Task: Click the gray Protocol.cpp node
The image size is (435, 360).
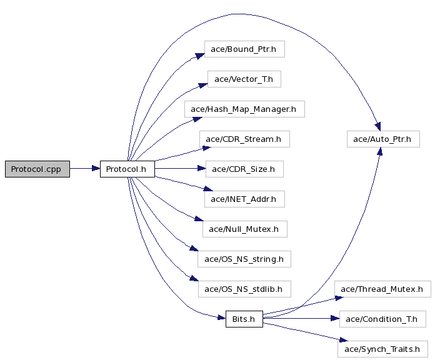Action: coord(37,169)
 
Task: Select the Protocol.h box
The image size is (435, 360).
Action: coord(127,169)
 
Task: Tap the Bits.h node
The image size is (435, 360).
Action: coord(244,319)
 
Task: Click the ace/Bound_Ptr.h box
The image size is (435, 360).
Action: coord(244,49)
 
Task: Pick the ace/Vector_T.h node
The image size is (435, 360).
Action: coord(244,79)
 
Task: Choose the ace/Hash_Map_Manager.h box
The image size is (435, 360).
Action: coord(244,109)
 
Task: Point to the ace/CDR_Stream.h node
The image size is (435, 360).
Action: coord(244,139)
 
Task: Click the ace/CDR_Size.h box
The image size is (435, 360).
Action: coord(244,169)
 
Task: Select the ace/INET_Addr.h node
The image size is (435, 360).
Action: coord(244,199)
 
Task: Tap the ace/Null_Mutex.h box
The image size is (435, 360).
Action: coord(245,229)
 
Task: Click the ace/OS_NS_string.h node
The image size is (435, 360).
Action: coord(244,259)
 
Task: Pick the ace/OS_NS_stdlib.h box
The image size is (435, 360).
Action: coord(244,289)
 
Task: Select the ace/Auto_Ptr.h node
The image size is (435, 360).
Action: coord(383,139)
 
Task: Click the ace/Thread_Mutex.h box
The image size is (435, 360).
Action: coord(382,289)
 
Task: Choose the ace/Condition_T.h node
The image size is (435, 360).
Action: coord(382,319)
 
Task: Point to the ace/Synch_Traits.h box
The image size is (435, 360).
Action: coord(382,349)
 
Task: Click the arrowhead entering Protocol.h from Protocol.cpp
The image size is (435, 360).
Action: coord(96,168)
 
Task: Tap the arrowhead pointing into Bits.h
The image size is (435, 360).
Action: coord(222,317)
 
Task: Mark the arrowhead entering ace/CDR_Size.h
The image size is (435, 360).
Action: coord(202,168)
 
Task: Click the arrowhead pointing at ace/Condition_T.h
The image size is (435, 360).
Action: coord(336,318)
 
